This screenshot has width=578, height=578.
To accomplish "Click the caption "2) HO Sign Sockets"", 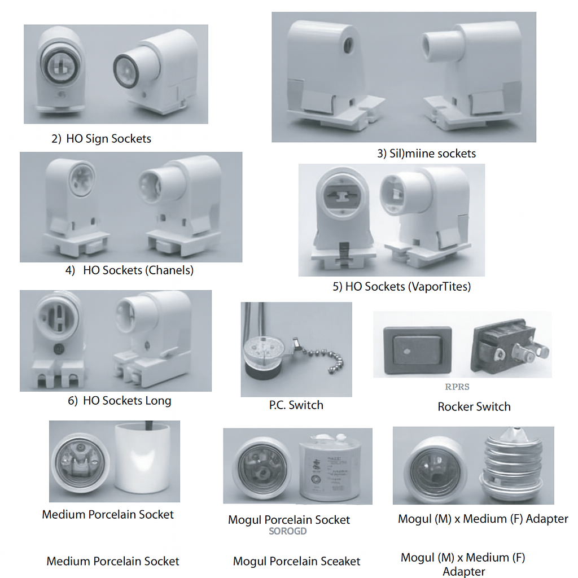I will click(x=102, y=138).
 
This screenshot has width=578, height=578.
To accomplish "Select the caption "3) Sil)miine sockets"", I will click(x=426, y=154).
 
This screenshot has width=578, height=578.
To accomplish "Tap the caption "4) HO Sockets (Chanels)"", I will click(x=130, y=270).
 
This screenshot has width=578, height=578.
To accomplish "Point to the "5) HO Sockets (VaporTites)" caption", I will click(x=401, y=287).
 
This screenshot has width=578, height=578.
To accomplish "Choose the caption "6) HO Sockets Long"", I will click(x=119, y=401).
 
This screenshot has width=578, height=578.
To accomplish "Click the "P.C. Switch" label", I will click(x=296, y=405).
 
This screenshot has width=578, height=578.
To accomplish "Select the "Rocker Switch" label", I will click(x=474, y=406).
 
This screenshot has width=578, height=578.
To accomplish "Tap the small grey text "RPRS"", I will click(x=457, y=387).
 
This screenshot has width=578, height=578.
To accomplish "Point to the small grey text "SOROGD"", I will click(x=288, y=531).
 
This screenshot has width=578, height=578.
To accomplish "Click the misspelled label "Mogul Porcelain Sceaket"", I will click(x=296, y=562).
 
